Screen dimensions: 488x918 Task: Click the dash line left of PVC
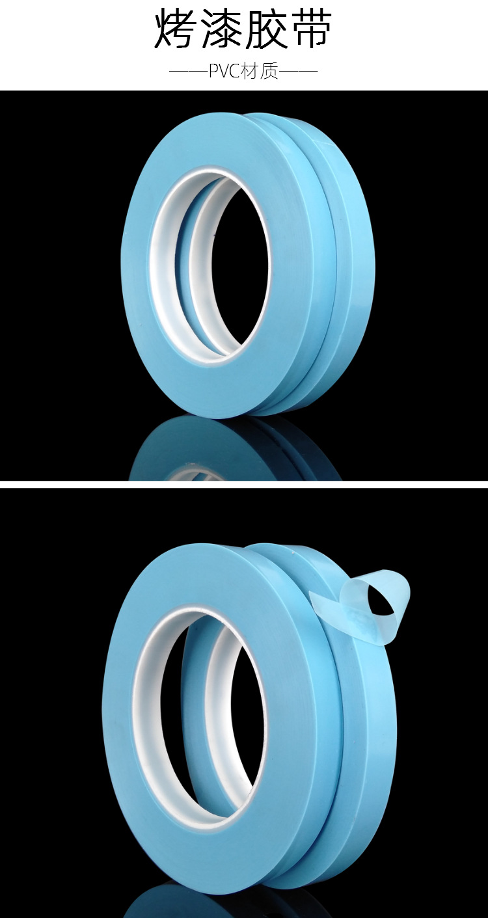[x=189, y=72]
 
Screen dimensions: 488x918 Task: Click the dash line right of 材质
[x=298, y=72]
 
